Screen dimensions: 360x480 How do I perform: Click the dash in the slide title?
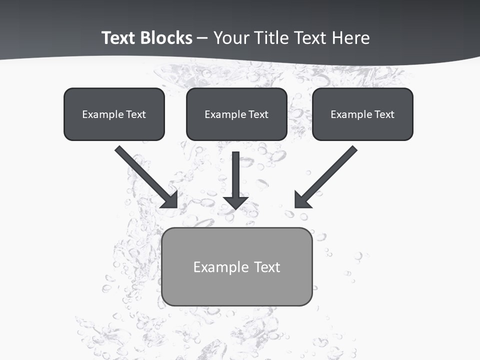pyautogui.click(x=202, y=38)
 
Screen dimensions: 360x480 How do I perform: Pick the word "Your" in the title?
pyautogui.click(x=231, y=38)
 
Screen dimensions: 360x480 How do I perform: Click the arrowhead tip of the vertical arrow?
pyautogui.click(x=235, y=207)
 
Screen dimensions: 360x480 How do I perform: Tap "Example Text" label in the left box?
pyautogui.click(x=114, y=114)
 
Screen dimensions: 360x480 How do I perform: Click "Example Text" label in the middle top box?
pyautogui.click(x=236, y=114)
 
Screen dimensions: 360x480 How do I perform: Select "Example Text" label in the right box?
pyautogui.click(x=362, y=114)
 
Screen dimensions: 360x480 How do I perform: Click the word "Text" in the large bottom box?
pyautogui.click(x=267, y=267)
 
